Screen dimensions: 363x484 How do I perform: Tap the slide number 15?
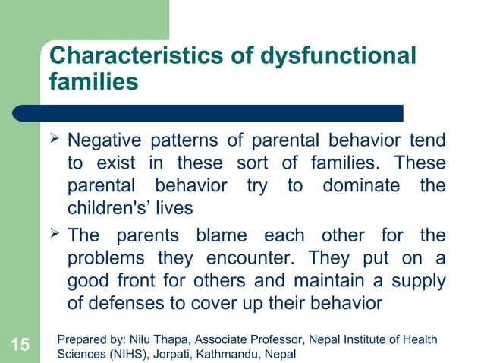tap(20, 346)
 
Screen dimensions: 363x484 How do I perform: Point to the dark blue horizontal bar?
tap(220, 113)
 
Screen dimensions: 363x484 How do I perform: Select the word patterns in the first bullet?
tap(190, 141)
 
